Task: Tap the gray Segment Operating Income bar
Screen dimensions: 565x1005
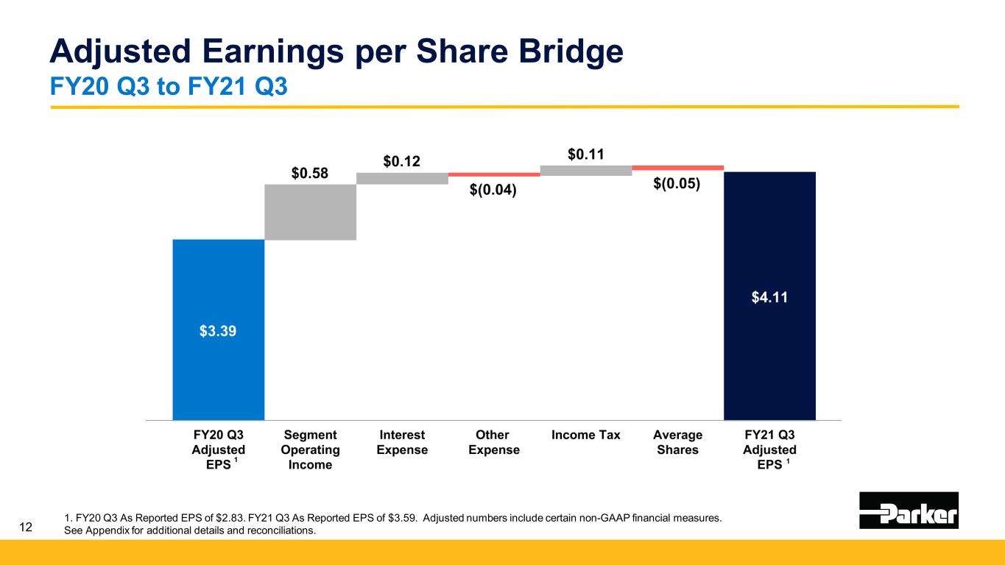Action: (310, 212)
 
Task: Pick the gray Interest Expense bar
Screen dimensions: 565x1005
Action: (402, 178)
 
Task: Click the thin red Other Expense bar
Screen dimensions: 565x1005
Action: (494, 174)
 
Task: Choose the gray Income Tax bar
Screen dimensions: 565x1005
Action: (585, 171)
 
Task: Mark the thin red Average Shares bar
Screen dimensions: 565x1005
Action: (677, 168)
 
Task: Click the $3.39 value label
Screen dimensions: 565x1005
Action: (218, 331)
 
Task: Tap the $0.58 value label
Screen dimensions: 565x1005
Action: (310, 174)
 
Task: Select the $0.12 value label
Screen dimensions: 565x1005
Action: (401, 161)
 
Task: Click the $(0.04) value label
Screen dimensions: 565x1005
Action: (493, 190)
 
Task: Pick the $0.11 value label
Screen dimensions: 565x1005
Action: (585, 154)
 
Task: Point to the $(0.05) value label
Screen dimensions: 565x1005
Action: (677, 183)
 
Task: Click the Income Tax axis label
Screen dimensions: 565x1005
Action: (586, 435)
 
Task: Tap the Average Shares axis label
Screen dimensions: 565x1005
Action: (677, 442)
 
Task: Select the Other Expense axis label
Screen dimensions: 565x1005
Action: (494, 442)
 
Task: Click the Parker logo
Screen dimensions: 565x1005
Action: (909, 510)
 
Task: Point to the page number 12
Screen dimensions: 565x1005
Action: (27, 527)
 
